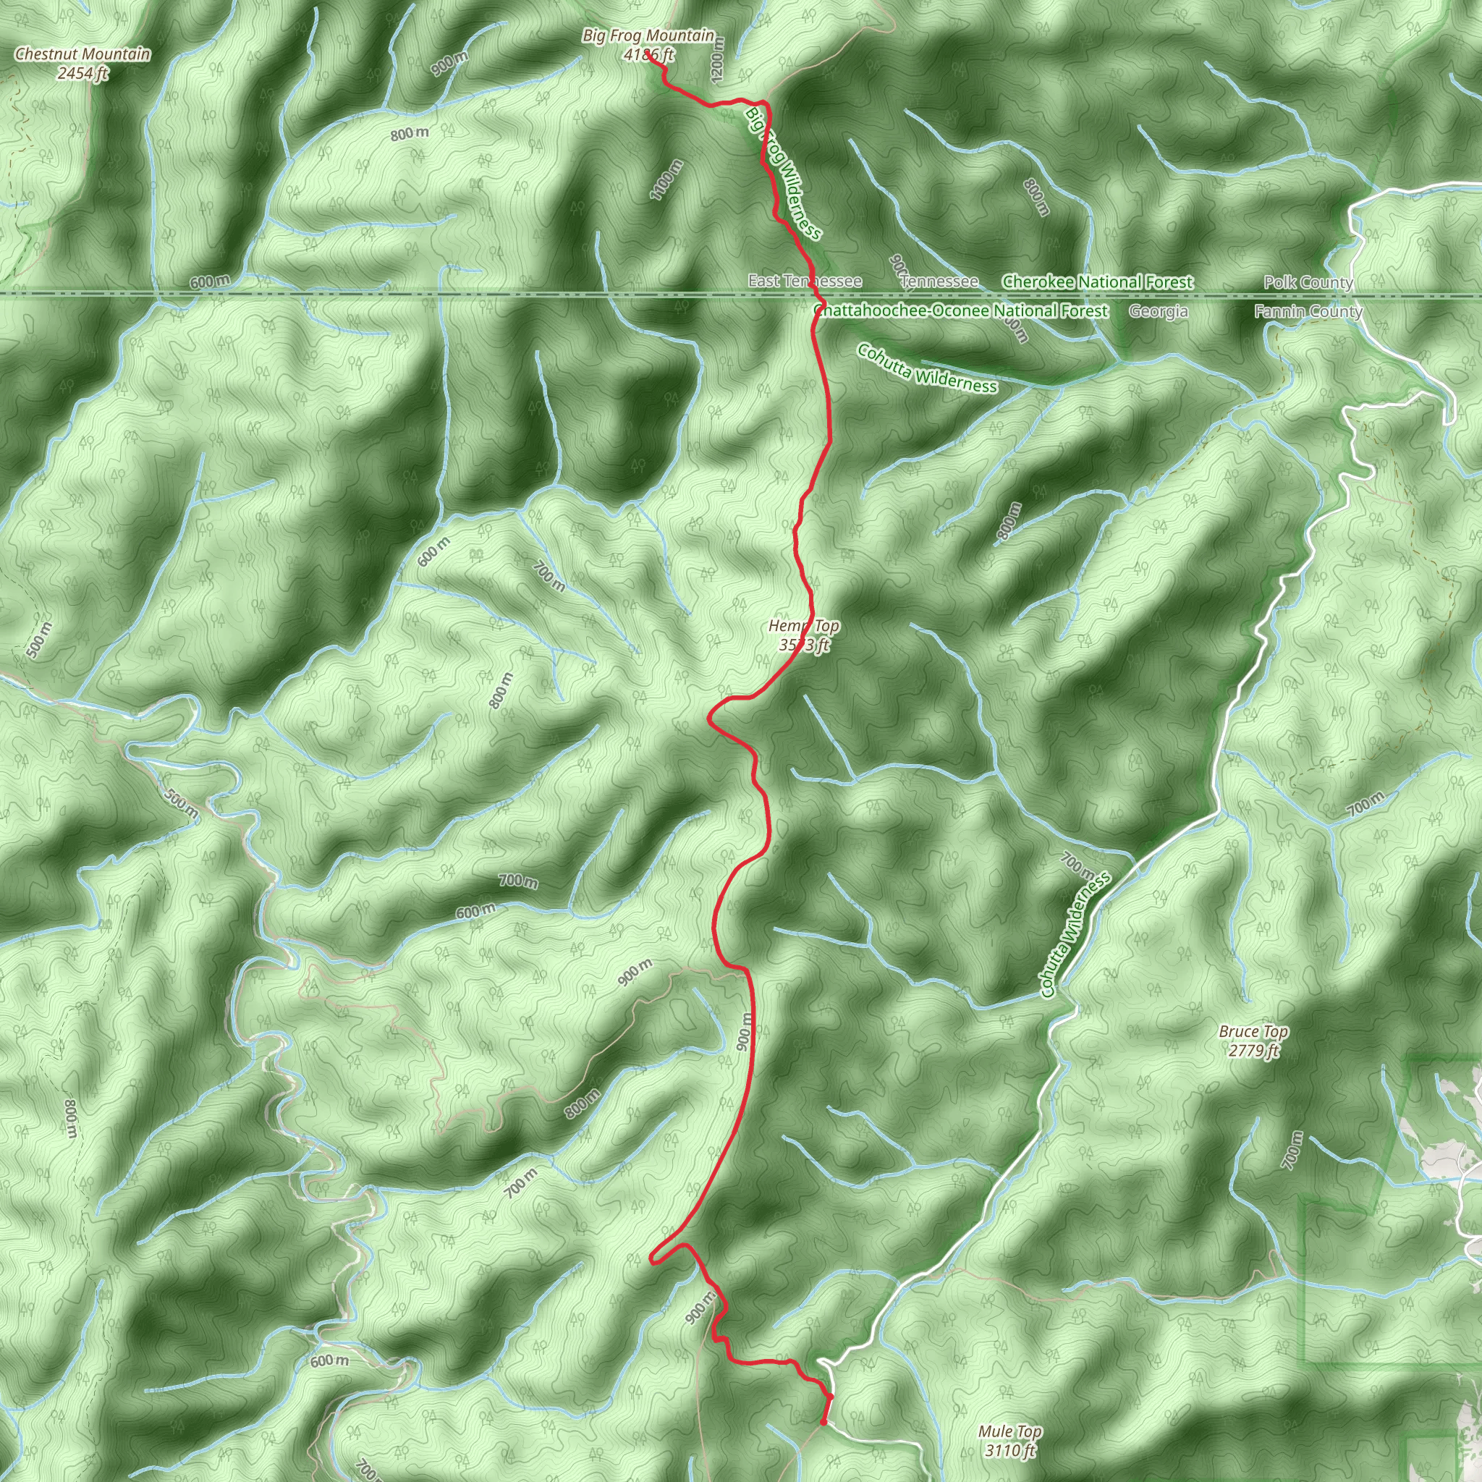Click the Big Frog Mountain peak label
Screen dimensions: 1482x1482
pyautogui.click(x=648, y=36)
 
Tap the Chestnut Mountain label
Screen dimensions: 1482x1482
pyautogui.click(x=82, y=54)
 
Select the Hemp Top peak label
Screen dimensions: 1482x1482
pyautogui.click(x=804, y=627)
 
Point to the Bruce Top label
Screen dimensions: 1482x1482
pyautogui.click(x=1253, y=1032)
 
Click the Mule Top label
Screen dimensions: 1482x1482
pyautogui.click(x=1009, y=1431)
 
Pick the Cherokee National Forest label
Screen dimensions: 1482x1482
pyautogui.click(x=1097, y=282)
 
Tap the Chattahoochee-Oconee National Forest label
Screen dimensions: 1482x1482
pyautogui.click(x=960, y=310)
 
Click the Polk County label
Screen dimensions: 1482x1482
pyautogui.click(x=1308, y=282)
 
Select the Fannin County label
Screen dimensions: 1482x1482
pyautogui.click(x=1308, y=310)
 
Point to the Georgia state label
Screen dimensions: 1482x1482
pyautogui.click(x=1159, y=310)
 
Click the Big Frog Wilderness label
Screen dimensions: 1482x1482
pyautogui.click(x=783, y=173)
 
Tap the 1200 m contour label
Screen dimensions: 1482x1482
pyautogui.click(x=718, y=60)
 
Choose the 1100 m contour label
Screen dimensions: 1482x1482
pyautogui.click(x=666, y=179)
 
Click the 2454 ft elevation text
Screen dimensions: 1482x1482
pyautogui.click(x=82, y=74)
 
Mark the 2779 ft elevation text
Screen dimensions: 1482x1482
pyautogui.click(x=1253, y=1051)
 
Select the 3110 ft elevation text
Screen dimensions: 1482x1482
pyautogui.click(x=1009, y=1451)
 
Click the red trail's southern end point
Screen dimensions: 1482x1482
pyautogui.click(x=823, y=1423)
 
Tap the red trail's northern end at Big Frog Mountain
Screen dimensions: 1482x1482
pyautogui.click(x=648, y=54)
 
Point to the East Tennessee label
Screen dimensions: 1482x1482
pyautogui.click(x=805, y=281)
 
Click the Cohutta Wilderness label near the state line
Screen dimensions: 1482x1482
pyautogui.click(x=928, y=368)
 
